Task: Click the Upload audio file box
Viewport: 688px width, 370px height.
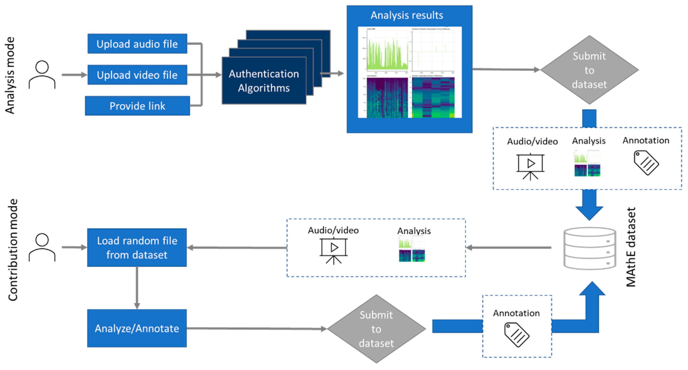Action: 137,44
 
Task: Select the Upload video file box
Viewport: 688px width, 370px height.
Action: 137,75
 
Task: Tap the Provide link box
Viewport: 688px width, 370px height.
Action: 137,106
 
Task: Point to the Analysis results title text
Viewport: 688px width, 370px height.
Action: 407,15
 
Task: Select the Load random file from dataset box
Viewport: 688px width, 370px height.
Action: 137,247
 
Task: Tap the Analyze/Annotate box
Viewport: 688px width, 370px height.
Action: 137,328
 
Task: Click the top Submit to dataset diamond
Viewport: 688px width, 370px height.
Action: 589,70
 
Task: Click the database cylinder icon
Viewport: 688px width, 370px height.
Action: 590,248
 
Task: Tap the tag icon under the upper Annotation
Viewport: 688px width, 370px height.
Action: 646,163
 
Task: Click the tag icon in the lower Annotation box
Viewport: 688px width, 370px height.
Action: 516,334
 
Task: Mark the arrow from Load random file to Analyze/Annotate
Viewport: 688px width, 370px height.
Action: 137,288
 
